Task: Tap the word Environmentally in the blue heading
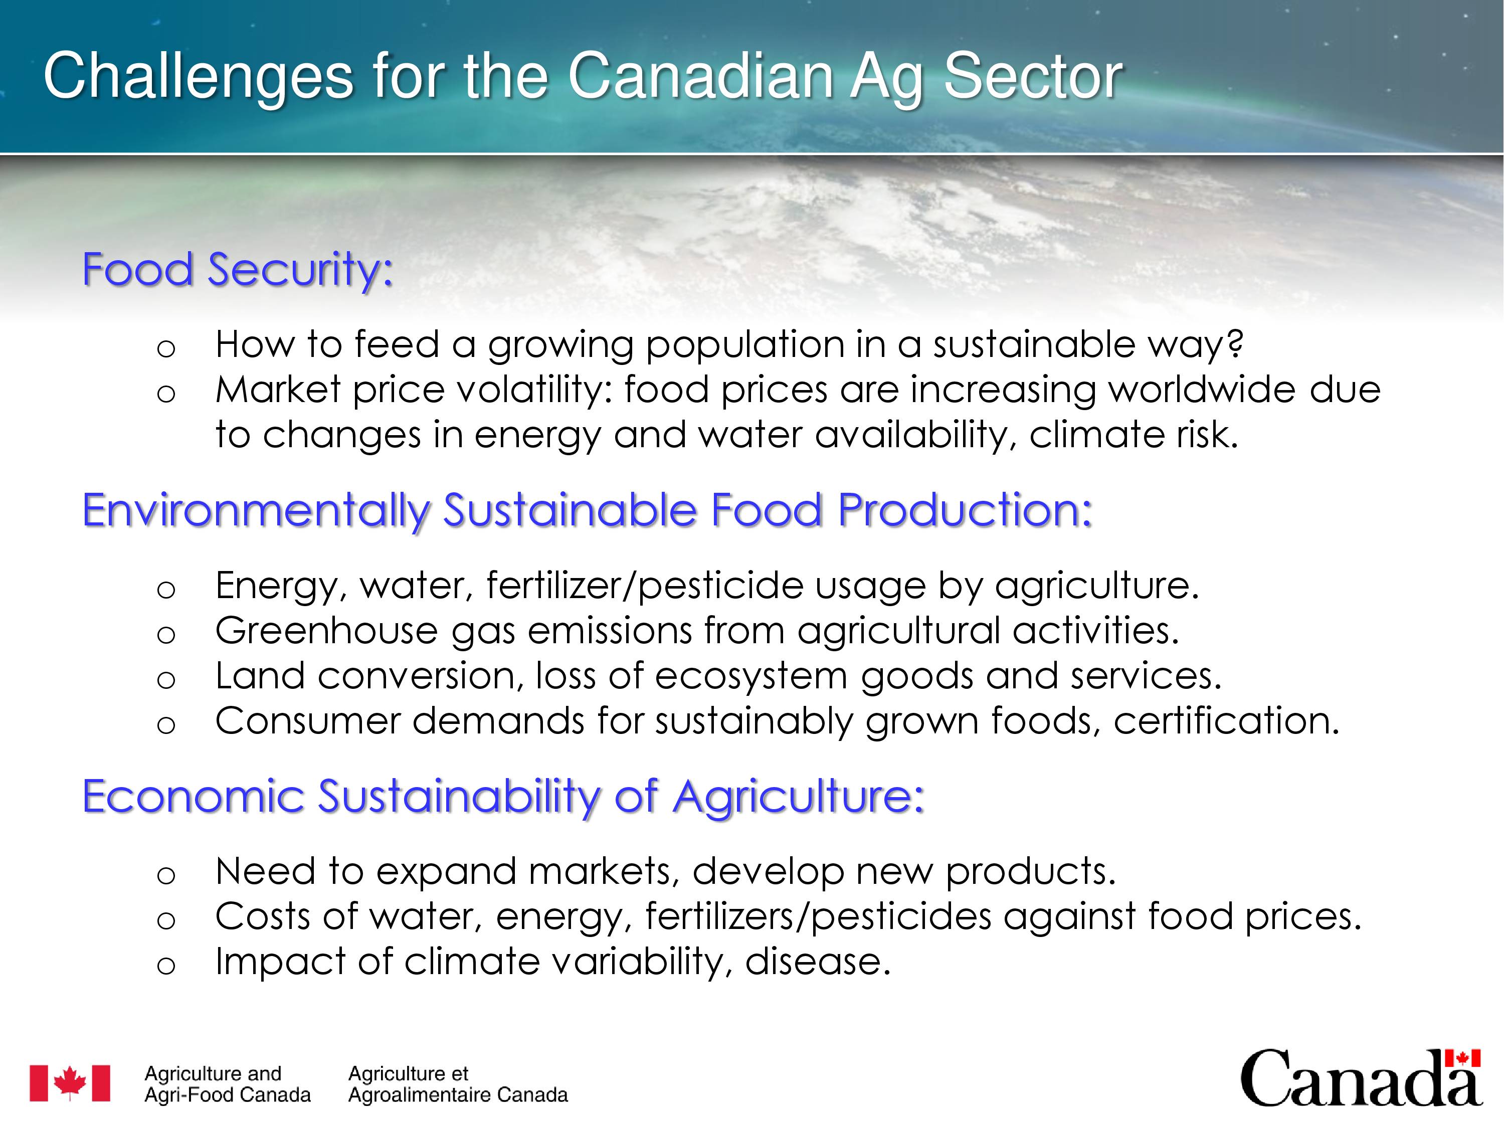point(256,511)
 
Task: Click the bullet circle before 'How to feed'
point(166,349)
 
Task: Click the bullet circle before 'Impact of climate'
point(166,966)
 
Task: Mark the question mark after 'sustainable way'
point(1235,344)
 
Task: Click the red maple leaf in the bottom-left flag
point(70,1082)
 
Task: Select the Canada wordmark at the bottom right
point(1361,1080)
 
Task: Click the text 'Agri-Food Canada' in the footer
point(228,1095)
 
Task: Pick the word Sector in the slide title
point(1033,76)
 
